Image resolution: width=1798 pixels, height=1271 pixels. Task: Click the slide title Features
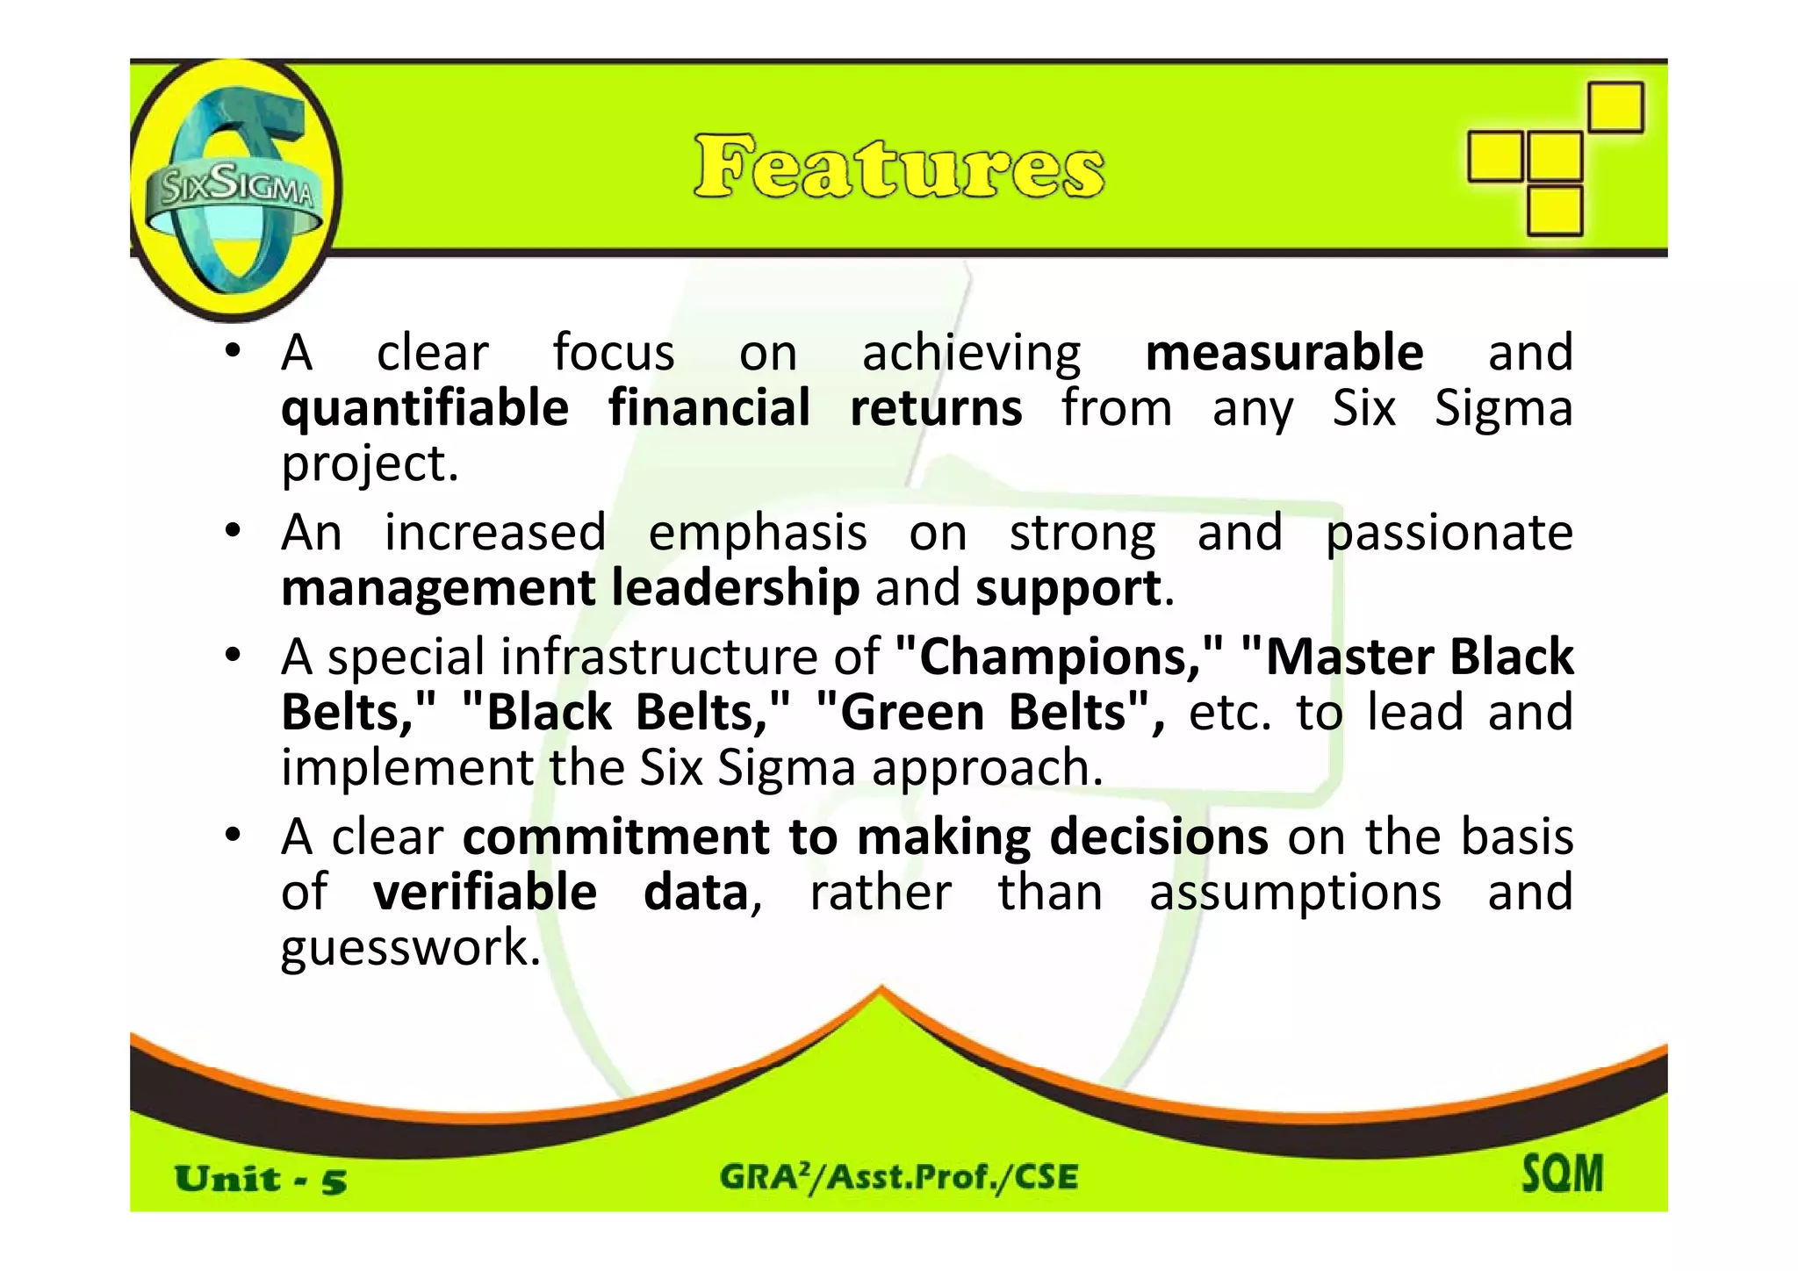[x=899, y=167]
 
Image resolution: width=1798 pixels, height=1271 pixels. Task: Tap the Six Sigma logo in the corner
[x=233, y=189]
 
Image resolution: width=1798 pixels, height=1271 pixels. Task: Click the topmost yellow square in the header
[x=1615, y=107]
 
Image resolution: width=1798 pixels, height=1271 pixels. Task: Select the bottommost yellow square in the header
[x=1554, y=211]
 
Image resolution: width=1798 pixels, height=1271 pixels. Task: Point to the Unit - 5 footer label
[x=260, y=1180]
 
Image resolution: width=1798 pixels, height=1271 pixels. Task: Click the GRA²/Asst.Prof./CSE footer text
[x=899, y=1176]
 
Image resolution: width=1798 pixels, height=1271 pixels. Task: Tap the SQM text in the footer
[x=1562, y=1174]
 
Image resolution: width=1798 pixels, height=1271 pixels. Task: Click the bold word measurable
[x=1284, y=353]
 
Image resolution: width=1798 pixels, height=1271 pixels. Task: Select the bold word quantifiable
[x=425, y=409]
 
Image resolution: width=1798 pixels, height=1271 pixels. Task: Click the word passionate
[x=1449, y=533]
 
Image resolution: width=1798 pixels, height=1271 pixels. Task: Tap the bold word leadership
[x=735, y=588]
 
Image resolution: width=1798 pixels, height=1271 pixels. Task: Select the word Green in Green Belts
[x=912, y=712]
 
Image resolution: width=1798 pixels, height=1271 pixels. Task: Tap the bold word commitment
[x=615, y=837]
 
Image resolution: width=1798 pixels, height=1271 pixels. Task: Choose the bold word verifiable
[x=485, y=893]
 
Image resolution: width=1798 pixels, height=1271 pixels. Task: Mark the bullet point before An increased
[x=232, y=532]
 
